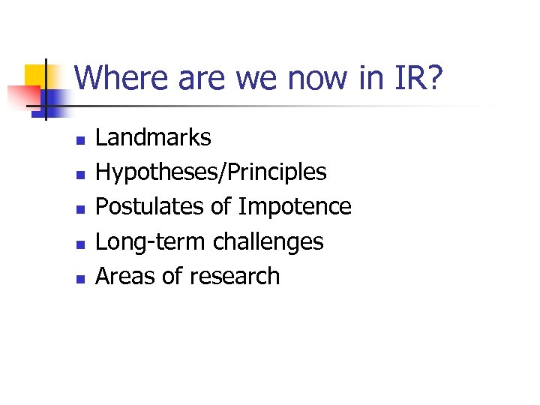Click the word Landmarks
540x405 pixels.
coord(154,137)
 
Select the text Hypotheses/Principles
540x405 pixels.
coord(211,172)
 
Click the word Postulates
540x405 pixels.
coord(151,206)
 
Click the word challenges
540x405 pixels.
coord(268,241)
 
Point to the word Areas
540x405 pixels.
coord(125,276)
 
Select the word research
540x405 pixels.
coord(234,276)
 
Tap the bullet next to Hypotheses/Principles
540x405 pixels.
coord(79,174)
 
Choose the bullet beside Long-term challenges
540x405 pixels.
coord(79,243)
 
